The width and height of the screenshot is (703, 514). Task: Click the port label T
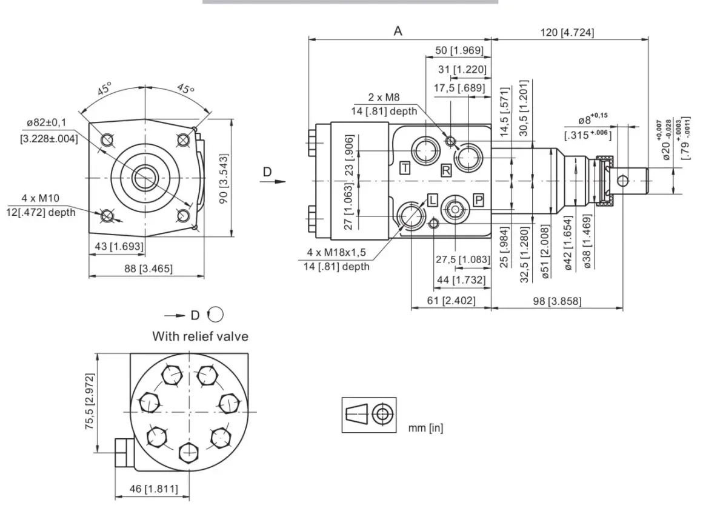(405, 168)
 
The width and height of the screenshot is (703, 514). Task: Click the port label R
(446, 170)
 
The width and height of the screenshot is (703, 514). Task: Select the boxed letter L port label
(432, 200)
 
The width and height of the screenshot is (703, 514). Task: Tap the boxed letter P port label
(478, 200)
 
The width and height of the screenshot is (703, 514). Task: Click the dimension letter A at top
(398, 32)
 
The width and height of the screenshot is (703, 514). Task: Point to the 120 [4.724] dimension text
(567, 33)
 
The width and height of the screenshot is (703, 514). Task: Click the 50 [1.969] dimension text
(459, 50)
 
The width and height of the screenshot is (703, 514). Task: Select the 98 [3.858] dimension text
(558, 301)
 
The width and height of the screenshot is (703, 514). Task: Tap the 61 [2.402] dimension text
(451, 300)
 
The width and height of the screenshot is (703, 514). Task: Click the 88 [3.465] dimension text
(148, 269)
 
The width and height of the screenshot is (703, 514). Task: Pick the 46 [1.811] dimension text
(154, 489)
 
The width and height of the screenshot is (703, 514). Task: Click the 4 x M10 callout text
(41, 198)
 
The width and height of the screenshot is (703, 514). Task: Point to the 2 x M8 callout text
(384, 98)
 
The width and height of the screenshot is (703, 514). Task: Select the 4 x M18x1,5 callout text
(336, 252)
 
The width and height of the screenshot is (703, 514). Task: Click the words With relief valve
(201, 336)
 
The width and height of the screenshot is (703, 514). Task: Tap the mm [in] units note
(425, 428)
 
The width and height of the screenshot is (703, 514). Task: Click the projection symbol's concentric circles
(382, 413)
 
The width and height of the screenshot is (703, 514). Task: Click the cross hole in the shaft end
(623, 181)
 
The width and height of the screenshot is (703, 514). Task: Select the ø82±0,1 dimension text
(47, 122)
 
